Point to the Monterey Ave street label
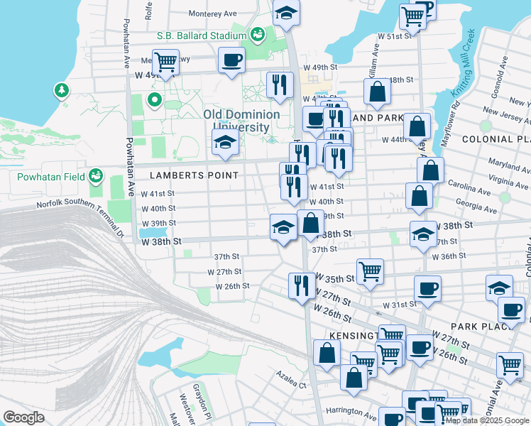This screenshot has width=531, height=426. (213, 13)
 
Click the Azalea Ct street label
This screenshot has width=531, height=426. (291, 386)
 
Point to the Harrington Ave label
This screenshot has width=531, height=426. (351, 411)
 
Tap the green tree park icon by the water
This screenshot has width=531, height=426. (62, 90)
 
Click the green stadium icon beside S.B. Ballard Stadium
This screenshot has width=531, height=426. (258, 33)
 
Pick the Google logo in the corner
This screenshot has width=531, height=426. (23, 417)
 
